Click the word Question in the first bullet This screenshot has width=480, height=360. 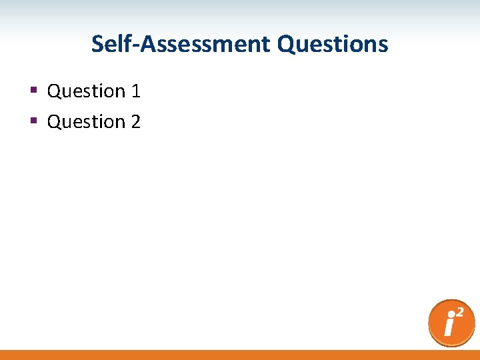pyautogui.click(x=86, y=91)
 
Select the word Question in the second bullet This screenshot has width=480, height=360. pyautogui.click(x=86, y=122)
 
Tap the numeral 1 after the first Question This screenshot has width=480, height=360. pyautogui.click(x=136, y=91)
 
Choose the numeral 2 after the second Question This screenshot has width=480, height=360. pyautogui.click(x=136, y=122)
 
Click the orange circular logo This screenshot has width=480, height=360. pyautogui.click(x=451, y=323)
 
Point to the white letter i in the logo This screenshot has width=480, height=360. pyautogui.click(x=449, y=327)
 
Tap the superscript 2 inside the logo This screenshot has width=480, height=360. pyautogui.click(x=460, y=312)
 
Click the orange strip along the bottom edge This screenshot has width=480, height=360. pyautogui.click(x=240, y=355)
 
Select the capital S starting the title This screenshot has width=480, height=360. pyautogui.click(x=97, y=44)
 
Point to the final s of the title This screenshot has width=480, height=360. pyautogui.click(x=383, y=45)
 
